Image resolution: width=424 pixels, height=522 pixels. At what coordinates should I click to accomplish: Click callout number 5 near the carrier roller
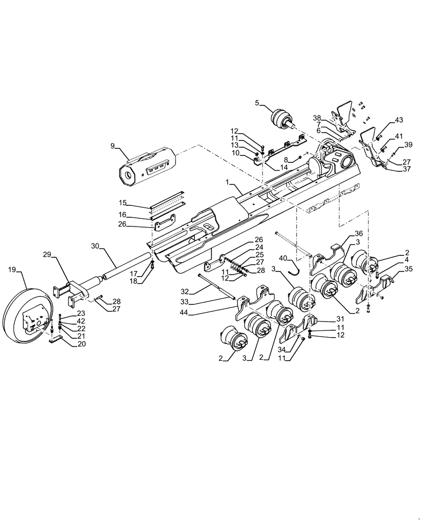(x=257, y=103)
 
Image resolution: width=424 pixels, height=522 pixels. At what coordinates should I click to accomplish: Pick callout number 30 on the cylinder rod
(x=95, y=246)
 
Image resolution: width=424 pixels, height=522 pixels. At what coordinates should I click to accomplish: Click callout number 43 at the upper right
(x=399, y=121)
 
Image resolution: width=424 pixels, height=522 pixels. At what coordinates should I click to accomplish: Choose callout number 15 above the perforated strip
(x=123, y=202)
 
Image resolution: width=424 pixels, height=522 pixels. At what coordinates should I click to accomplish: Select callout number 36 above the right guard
(x=359, y=233)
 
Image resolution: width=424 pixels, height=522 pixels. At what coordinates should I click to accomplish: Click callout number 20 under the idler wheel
(x=81, y=344)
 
